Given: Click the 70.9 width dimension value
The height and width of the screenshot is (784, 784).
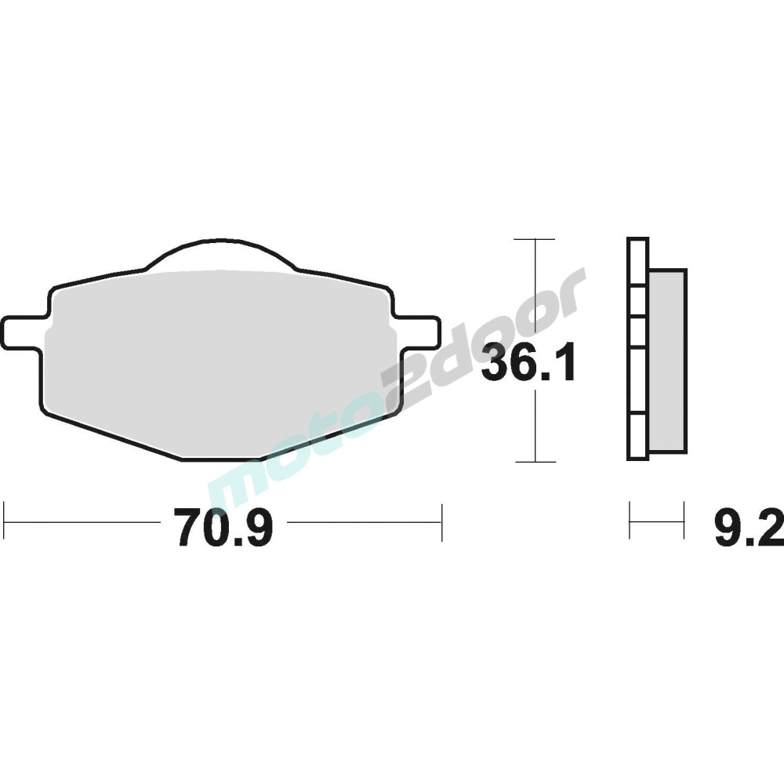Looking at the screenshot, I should [x=223, y=526].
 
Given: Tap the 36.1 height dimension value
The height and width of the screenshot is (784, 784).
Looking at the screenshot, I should [x=528, y=364].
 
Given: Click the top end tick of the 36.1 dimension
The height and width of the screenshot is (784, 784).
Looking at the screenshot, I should [x=535, y=238].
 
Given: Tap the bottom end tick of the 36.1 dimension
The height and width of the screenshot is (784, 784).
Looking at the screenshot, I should [x=535, y=462].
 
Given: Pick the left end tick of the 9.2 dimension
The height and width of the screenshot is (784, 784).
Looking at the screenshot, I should [x=630, y=521].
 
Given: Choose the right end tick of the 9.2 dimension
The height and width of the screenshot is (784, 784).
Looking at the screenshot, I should [x=684, y=521].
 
